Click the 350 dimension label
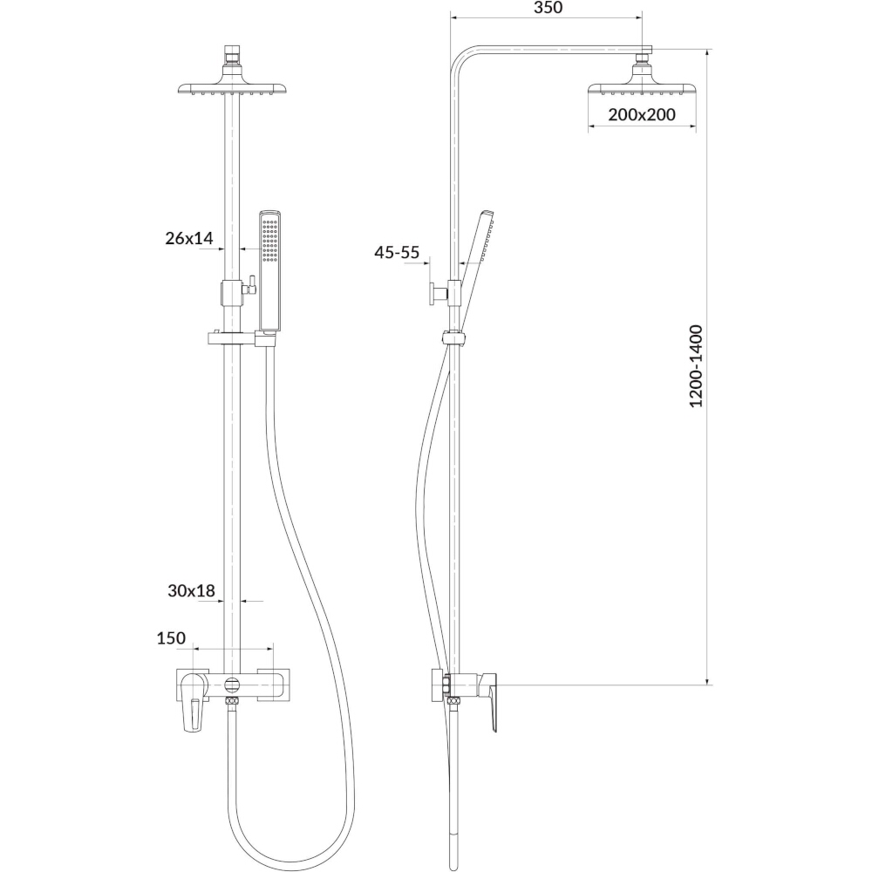[x=548, y=8]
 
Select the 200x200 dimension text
[x=642, y=114]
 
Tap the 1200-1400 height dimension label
[x=696, y=366]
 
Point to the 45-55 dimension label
[x=397, y=253]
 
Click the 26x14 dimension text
[x=189, y=238]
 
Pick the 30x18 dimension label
[x=191, y=590]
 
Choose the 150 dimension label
[x=171, y=638]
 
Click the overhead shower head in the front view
[x=232, y=88]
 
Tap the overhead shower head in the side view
[x=643, y=88]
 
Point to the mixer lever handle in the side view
[x=490, y=702]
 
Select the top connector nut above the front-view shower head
[x=232, y=55]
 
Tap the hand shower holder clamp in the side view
[x=455, y=337]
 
